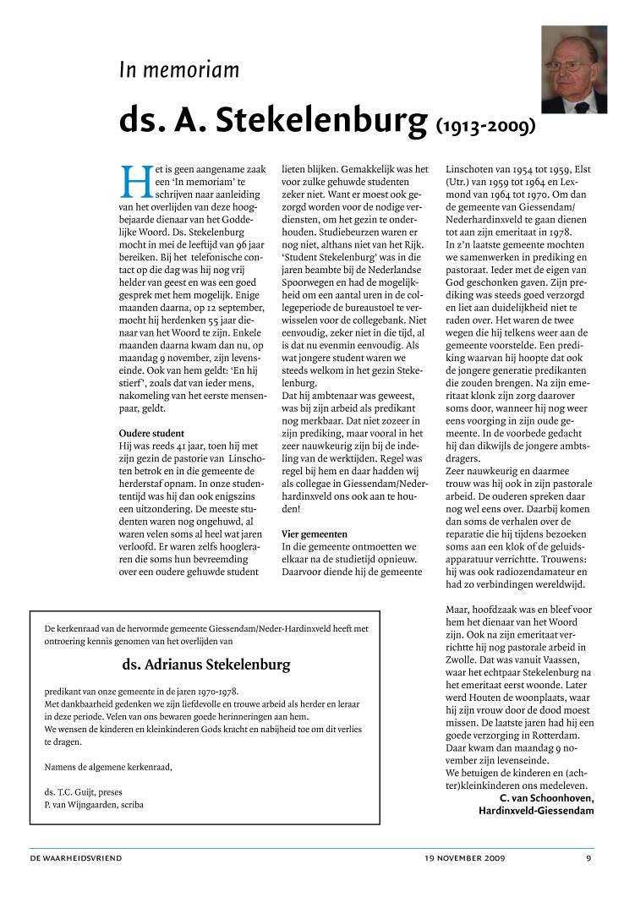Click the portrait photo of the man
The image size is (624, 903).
[573, 69]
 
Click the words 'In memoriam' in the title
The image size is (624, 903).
[178, 70]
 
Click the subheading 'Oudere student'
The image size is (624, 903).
[151, 434]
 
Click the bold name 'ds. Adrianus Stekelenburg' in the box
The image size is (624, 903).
[205, 665]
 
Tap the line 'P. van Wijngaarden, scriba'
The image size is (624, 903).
[94, 805]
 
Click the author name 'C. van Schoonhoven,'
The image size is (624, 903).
[546, 798]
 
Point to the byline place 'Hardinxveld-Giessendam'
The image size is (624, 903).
[536, 811]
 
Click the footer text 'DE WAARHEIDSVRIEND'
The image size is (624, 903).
[75, 858]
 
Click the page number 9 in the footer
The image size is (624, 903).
[588, 858]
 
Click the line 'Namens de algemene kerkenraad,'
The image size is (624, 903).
[107, 767]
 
